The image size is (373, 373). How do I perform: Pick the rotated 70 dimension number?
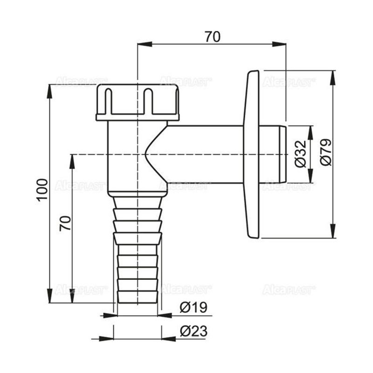point(65,223)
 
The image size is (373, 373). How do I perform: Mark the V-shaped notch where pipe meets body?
point(148,154)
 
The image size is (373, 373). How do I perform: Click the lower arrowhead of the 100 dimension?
point(50,297)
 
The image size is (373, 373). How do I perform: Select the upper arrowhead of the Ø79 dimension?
point(332,76)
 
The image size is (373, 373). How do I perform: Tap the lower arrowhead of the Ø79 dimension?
point(332,232)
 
